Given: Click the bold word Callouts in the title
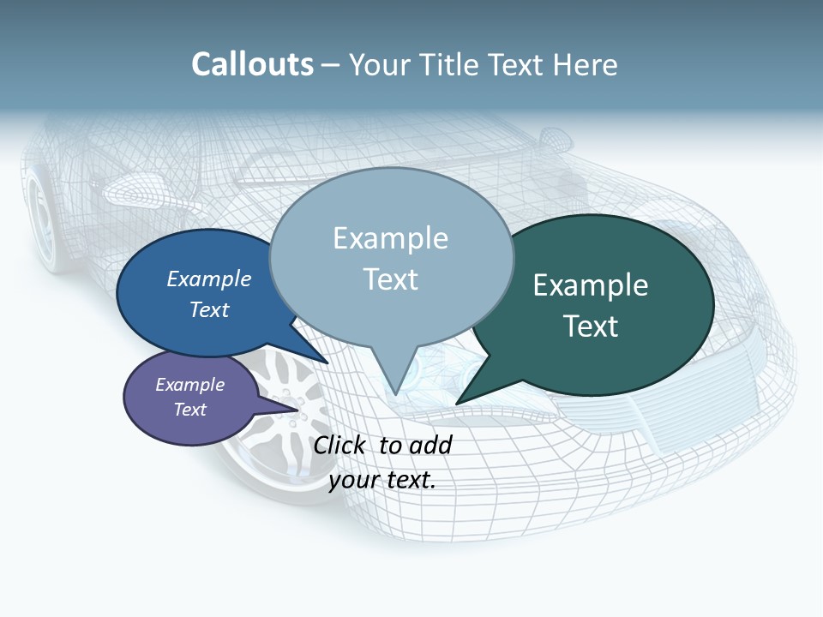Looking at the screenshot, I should pos(252,65).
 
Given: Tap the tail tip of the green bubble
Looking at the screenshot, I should pos(457,403).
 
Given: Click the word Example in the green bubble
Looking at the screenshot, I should pos(591,285).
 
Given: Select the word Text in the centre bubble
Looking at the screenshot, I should pos(391,279).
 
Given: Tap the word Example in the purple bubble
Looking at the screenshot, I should pos(189,385).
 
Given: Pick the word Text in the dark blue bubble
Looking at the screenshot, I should pos(209,309).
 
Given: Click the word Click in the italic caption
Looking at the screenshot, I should pos(339,445).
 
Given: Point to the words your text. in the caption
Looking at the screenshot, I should pos(382,480).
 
